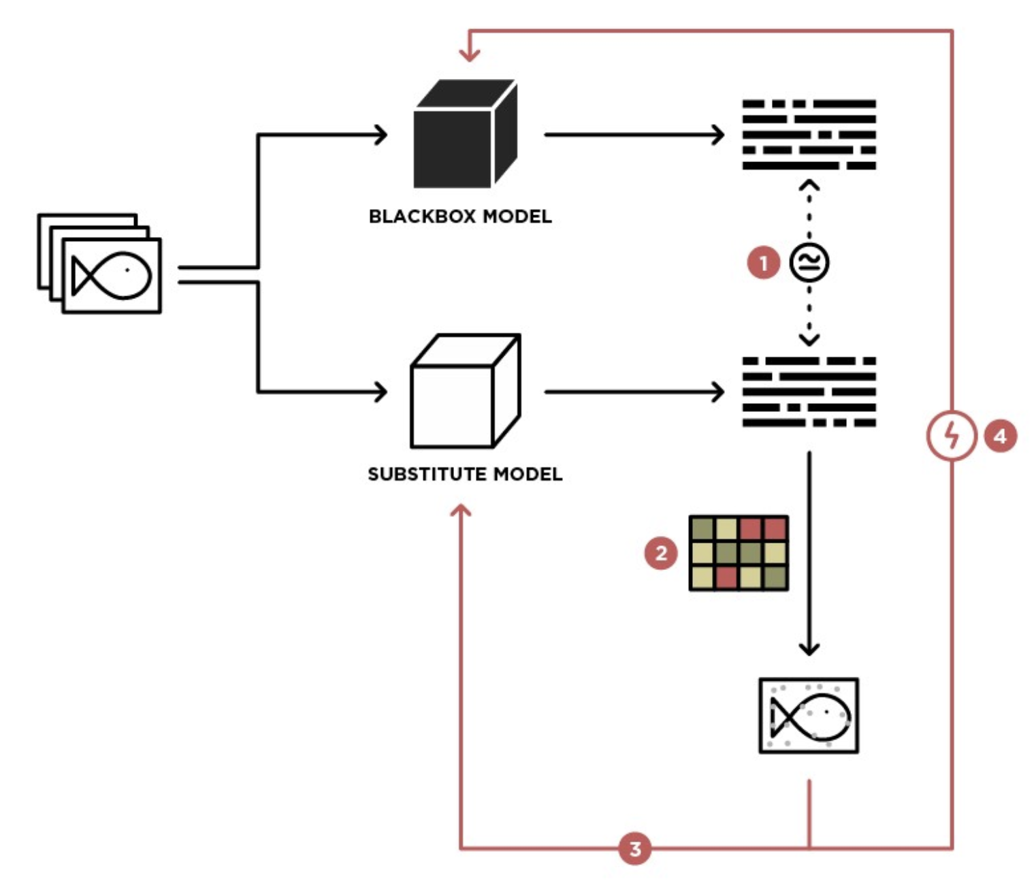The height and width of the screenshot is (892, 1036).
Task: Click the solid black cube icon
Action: coord(464,134)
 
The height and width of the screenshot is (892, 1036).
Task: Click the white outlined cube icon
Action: coord(464,391)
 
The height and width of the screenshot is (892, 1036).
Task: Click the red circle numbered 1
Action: coord(763,263)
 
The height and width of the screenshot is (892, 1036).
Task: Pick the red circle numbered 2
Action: coord(660,553)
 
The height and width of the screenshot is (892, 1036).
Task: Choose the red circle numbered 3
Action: coord(634,848)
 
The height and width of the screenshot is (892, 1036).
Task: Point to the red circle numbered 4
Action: coord(1000,436)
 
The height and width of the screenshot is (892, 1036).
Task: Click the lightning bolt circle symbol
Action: coord(952,436)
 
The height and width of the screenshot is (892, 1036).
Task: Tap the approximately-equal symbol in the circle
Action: coord(809,263)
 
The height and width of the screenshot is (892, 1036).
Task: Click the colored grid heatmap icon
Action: coord(739,553)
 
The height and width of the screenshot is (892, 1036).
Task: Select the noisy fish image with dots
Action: coord(809,716)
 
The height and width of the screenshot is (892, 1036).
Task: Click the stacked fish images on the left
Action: coord(100,264)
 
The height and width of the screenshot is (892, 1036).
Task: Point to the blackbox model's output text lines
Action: coord(809,134)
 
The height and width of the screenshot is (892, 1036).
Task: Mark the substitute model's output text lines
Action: coord(809,392)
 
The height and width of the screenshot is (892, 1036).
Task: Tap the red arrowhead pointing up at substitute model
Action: coord(462,511)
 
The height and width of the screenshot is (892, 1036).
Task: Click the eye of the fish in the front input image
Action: coord(127,270)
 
